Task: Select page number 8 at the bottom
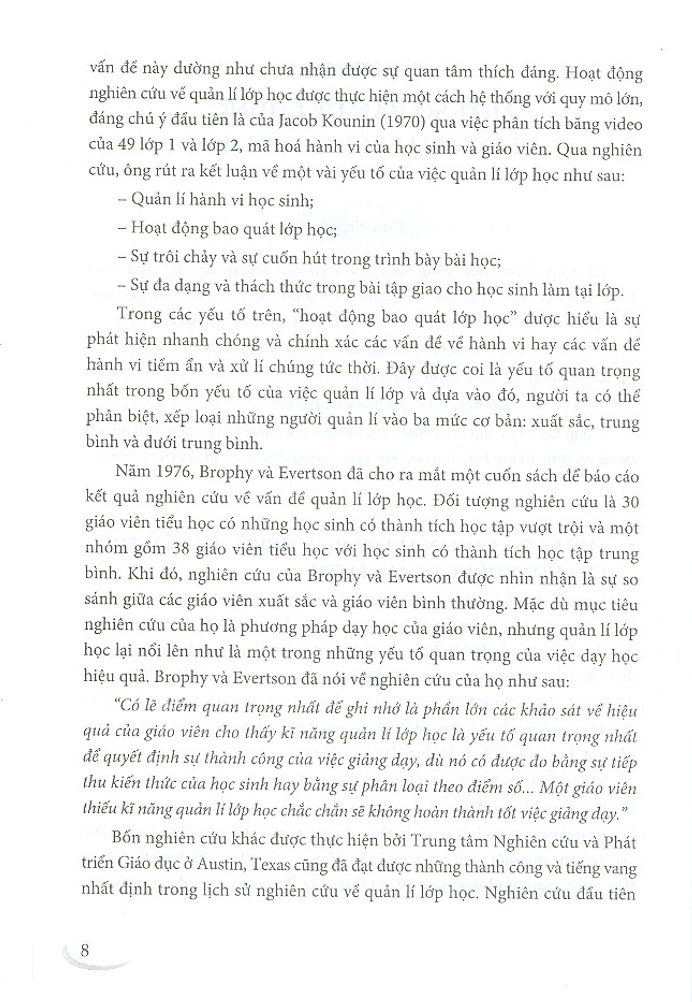click(x=85, y=949)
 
